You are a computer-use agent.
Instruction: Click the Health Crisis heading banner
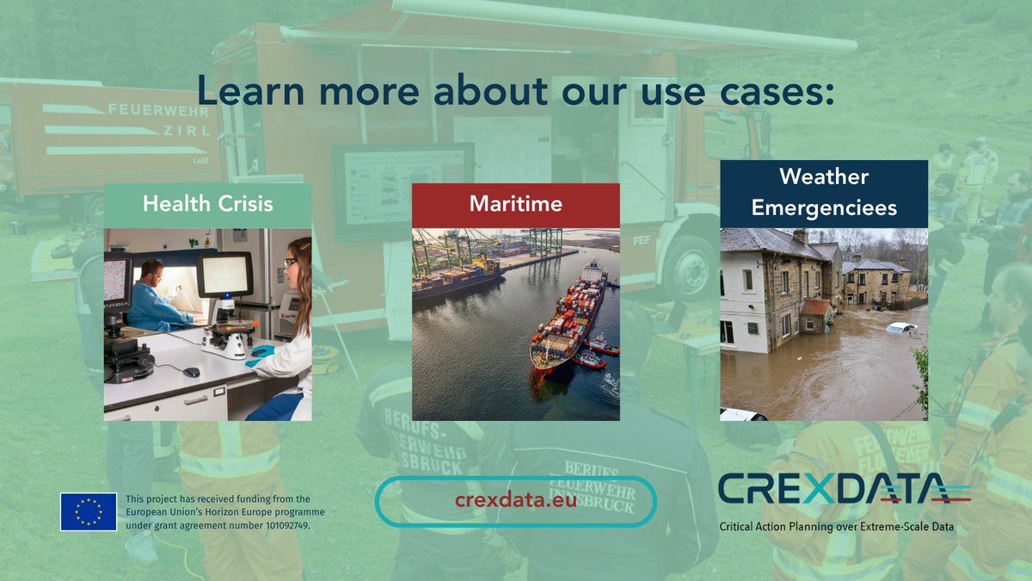(x=207, y=205)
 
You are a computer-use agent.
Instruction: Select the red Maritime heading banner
(x=516, y=205)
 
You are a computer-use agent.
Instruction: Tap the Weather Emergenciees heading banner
(x=824, y=193)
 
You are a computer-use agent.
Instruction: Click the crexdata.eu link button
(x=516, y=501)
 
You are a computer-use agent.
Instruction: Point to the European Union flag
(x=89, y=511)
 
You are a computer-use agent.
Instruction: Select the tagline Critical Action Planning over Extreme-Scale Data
(x=836, y=527)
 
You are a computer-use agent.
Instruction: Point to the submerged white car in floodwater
(x=900, y=328)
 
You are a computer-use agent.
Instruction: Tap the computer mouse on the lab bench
(x=191, y=372)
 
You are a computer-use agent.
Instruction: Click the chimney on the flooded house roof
(x=801, y=236)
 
